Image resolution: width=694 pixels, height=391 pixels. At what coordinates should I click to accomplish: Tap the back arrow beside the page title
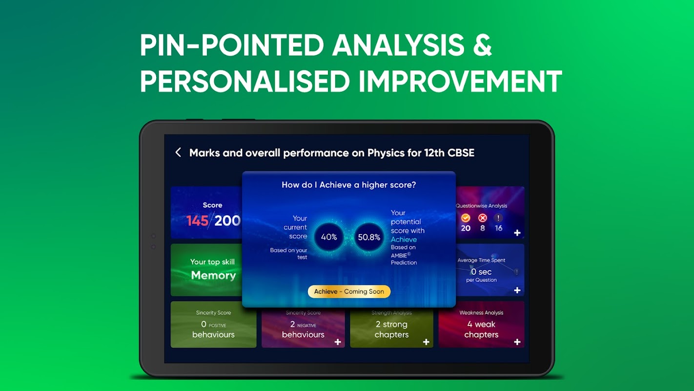tap(178, 152)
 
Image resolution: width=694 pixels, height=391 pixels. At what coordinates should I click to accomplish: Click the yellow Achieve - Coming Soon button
tap(349, 291)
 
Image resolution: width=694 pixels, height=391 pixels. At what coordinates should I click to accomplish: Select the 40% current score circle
tap(329, 237)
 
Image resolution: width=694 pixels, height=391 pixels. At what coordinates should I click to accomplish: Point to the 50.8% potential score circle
tap(368, 237)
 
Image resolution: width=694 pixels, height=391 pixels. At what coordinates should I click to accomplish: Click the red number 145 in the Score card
tap(197, 220)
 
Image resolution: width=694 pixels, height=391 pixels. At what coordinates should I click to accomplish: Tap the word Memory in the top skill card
tap(213, 275)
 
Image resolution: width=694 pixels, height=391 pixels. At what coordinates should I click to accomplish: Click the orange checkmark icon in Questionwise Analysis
tap(466, 218)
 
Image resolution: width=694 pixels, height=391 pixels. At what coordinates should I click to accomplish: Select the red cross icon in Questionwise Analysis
tap(482, 218)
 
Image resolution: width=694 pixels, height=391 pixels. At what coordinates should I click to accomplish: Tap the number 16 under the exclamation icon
tap(498, 228)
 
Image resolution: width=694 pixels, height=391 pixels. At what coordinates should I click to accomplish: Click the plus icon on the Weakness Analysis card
tap(517, 342)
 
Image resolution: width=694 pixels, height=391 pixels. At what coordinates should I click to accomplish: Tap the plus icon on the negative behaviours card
tap(338, 342)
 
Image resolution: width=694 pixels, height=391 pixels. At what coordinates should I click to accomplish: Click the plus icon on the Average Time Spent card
tap(517, 290)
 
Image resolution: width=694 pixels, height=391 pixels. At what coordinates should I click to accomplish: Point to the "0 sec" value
tap(481, 272)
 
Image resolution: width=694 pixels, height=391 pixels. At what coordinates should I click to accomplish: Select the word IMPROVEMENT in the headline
tap(460, 81)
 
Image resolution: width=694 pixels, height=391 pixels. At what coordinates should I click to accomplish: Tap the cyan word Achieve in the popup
tap(404, 239)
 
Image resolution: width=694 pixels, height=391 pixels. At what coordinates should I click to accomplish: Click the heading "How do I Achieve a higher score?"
tap(349, 185)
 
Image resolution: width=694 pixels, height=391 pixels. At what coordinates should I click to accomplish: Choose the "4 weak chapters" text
tap(481, 329)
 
